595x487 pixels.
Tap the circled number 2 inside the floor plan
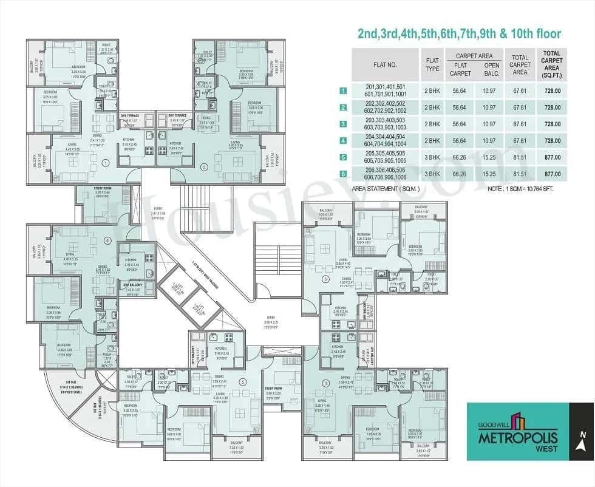(x=204, y=166)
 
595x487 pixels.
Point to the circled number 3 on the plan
(x=325, y=279)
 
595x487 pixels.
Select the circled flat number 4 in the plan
(x=325, y=383)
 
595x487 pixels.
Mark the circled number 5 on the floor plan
(x=242, y=382)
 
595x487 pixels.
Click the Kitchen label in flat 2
(x=176, y=144)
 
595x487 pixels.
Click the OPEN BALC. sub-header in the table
(x=491, y=69)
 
